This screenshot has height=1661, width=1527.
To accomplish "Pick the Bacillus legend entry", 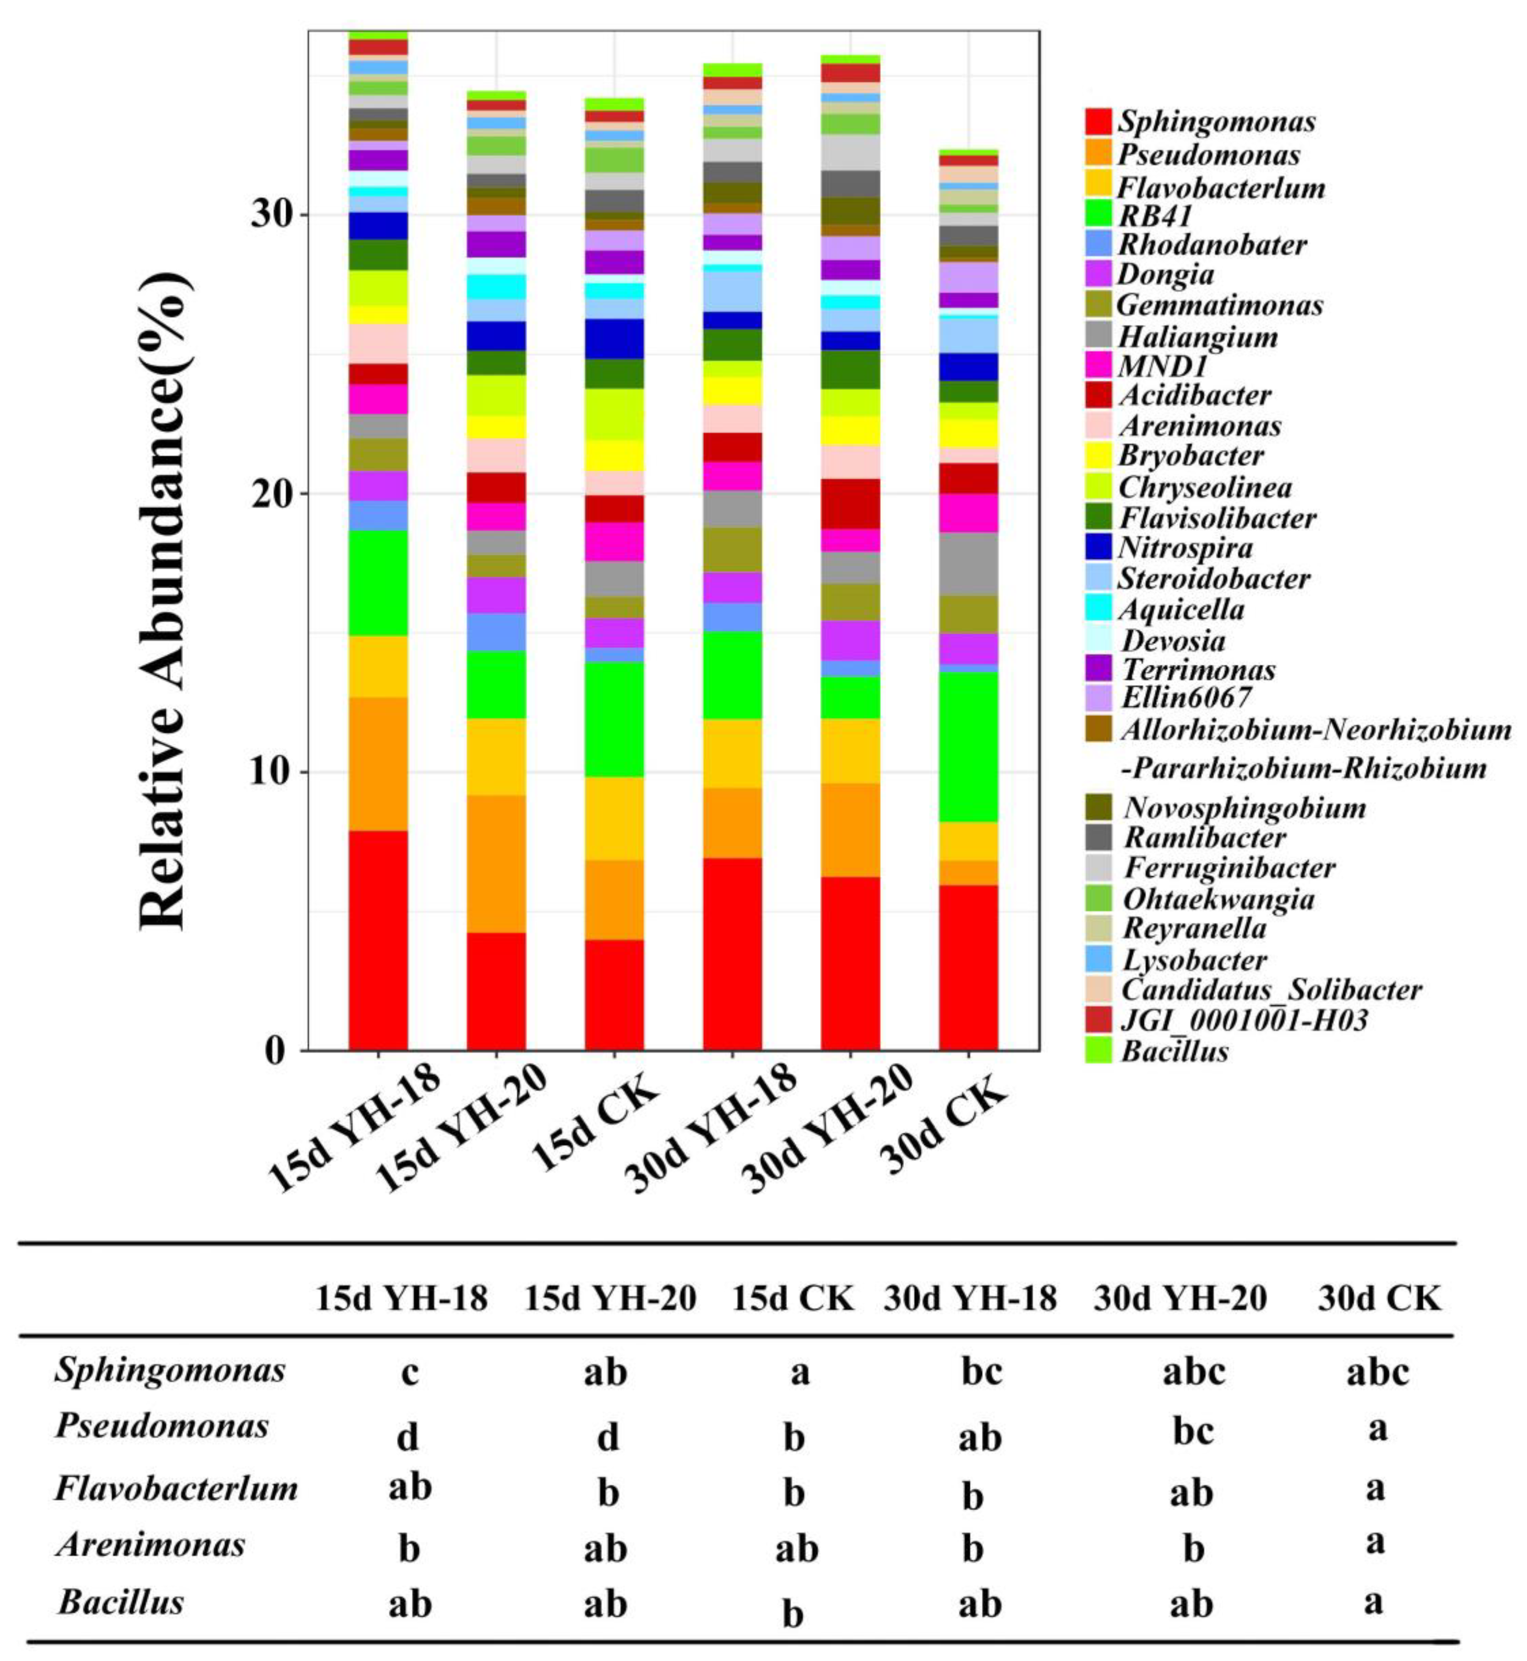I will (1174, 1051).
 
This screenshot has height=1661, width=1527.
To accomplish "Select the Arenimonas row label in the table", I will (150, 1544).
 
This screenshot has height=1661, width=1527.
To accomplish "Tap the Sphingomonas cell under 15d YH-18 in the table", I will (410, 1373).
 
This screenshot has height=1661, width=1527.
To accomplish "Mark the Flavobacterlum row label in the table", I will (176, 1488).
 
